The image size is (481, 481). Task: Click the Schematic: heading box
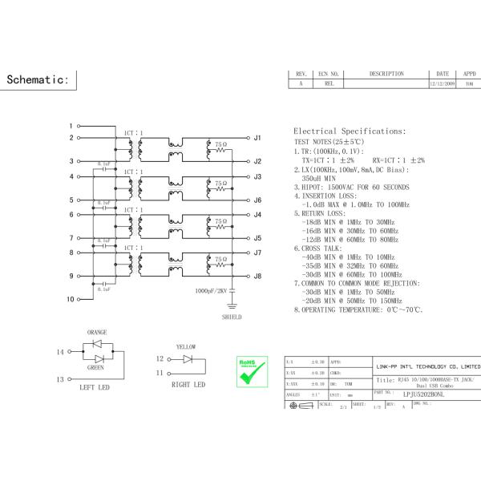point(39,80)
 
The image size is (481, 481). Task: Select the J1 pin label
point(257,138)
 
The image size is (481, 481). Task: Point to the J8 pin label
point(257,277)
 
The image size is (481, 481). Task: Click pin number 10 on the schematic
point(71,299)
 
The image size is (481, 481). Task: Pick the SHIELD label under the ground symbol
point(232,317)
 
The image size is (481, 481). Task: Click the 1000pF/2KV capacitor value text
point(211,291)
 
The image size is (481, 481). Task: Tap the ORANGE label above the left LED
point(97,332)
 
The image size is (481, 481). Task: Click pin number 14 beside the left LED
point(60,352)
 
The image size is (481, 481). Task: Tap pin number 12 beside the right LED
point(159,359)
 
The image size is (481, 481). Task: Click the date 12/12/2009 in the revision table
point(442,83)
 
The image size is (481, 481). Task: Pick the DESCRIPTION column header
point(386,74)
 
